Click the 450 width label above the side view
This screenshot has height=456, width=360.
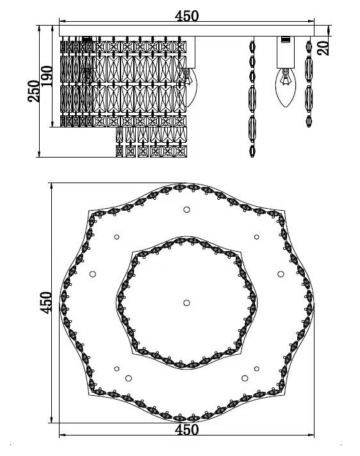(186, 16)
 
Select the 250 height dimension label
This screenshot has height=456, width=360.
(33, 91)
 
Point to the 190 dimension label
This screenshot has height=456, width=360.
(47, 76)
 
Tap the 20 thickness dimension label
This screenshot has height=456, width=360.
(323, 48)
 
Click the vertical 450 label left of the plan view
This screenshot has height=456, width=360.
(45, 303)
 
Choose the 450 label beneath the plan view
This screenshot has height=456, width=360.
(186, 430)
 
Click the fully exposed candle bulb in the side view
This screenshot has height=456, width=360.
(285, 87)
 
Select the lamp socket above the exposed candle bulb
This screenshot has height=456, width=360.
(286, 53)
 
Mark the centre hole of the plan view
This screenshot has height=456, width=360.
(186, 303)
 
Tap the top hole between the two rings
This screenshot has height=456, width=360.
(186, 209)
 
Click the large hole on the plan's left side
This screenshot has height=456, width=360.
(93, 274)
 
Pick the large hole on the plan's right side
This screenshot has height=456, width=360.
(281, 274)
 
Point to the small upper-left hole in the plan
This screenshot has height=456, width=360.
(117, 237)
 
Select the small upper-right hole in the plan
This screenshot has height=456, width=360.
(256, 237)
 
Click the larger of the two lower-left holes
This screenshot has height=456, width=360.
(129, 378)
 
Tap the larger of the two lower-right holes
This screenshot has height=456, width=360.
(245, 378)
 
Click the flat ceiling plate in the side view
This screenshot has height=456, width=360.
(186, 31)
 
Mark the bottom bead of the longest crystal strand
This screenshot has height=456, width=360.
(252, 151)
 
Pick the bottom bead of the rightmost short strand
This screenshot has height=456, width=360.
(309, 121)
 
